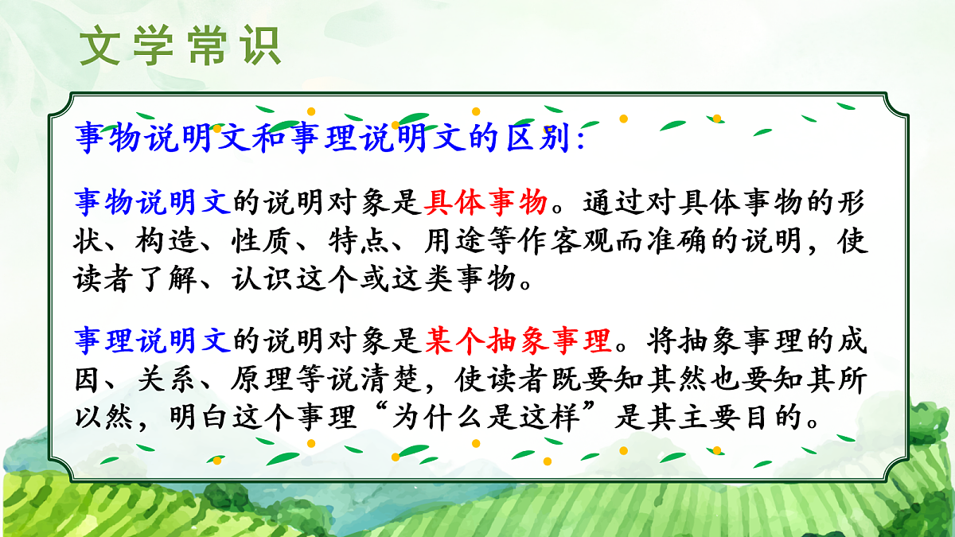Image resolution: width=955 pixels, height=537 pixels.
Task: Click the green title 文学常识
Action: click(181, 47)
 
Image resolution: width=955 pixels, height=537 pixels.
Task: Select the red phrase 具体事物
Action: click(485, 202)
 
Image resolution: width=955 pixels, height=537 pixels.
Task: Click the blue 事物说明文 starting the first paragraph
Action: click(154, 202)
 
